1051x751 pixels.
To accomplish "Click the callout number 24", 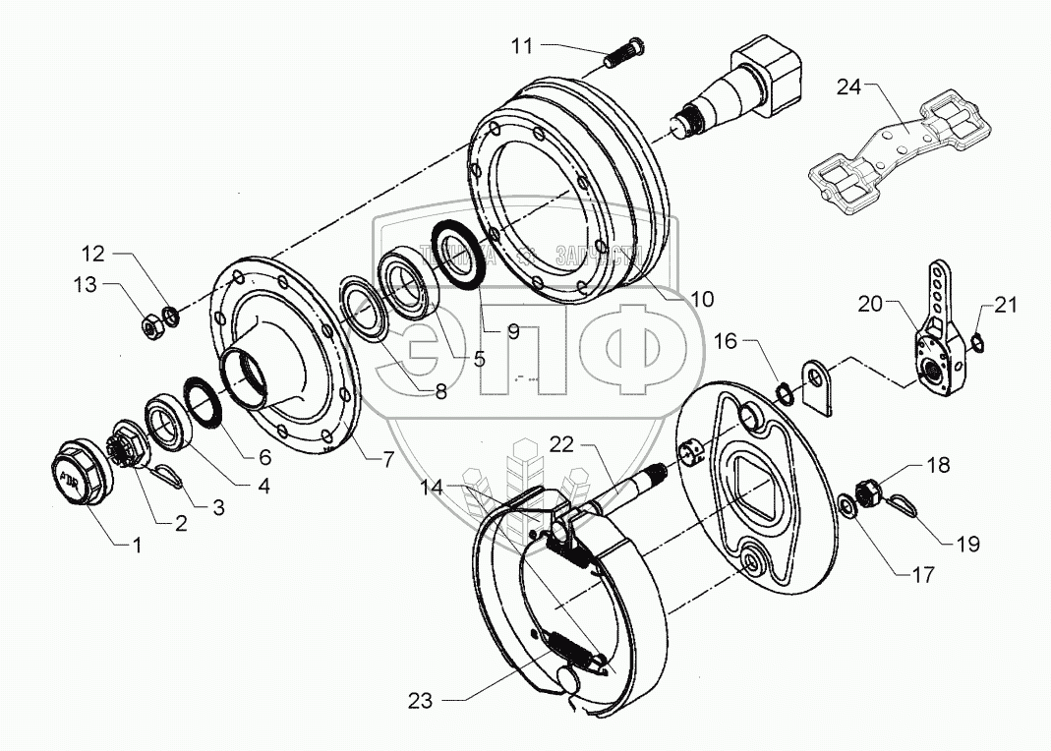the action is pos(848,87).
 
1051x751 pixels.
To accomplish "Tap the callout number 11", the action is pos(521,44).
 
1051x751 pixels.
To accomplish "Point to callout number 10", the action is pos(703,298).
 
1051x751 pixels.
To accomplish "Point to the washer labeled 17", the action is pos(846,508).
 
